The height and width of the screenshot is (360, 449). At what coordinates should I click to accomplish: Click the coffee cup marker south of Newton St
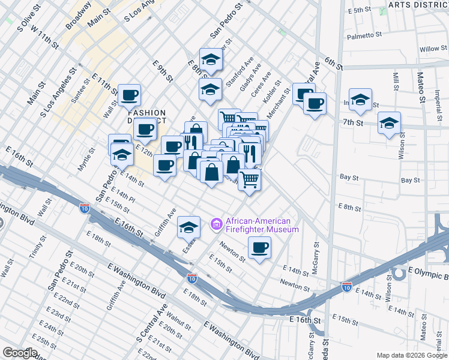(x=259, y=248)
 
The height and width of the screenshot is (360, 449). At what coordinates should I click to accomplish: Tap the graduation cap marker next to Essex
(x=188, y=227)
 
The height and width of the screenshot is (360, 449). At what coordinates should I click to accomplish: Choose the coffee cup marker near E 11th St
(x=130, y=95)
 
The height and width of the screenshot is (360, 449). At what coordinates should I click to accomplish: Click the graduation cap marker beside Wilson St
(x=390, y=124)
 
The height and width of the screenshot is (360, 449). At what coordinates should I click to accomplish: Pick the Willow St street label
(x=429, y=49)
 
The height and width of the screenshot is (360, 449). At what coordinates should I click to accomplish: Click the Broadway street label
(x=78, y=15)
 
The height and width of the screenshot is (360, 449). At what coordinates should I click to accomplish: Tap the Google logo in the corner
(x=20, y=353)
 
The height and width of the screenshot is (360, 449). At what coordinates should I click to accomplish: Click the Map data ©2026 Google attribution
(x=411, y=355)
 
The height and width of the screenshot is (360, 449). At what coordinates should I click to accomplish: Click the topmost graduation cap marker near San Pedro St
(x=211, y=59)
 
